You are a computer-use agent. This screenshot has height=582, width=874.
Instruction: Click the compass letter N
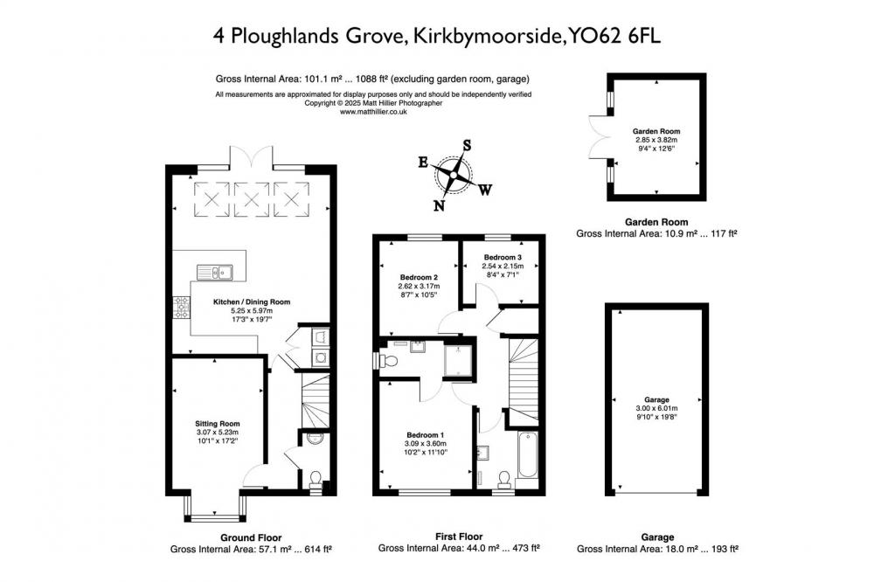click(x=440, y=205)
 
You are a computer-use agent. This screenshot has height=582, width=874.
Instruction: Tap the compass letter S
click(x=467, y=145)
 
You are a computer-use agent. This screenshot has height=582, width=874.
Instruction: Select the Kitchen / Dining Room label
click(x=252, y=302)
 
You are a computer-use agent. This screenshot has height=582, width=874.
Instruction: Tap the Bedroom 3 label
click(x=503, y=258)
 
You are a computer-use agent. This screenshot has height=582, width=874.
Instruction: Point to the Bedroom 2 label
click(x=419, y=278)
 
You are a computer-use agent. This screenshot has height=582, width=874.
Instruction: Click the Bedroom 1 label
click(x=426, y=435)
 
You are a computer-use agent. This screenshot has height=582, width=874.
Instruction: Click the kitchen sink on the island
click(x=215, y=273)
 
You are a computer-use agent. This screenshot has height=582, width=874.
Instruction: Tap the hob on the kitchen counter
click(x=182, y=308)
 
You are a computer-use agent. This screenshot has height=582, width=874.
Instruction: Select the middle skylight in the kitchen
click(x=252, y=199)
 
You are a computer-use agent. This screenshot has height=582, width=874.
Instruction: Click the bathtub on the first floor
click(x=527, y=454)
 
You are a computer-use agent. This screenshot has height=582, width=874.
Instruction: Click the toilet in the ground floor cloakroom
click(x=316, y=482)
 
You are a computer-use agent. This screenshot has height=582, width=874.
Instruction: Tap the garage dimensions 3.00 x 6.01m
click(x=656, y=409)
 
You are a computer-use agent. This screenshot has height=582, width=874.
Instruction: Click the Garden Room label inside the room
click(x=656, y=132)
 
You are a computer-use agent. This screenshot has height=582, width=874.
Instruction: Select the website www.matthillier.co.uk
click(x=373, y=112)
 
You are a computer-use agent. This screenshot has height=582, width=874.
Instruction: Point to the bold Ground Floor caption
click(x=251, y=538)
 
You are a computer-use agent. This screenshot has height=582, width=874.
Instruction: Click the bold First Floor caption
click(x=459, y=537)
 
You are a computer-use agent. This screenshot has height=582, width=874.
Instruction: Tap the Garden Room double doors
click(x=600, y=136)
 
